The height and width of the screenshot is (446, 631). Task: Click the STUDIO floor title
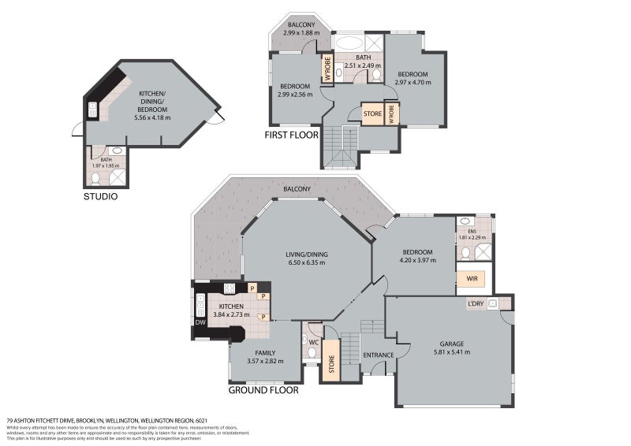click(x=101, y=196)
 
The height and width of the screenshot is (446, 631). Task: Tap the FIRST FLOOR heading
click(x=291, y=135)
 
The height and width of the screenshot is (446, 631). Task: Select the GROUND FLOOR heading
click(x=263, y=389)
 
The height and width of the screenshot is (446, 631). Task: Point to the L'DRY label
click(x=476, y=303)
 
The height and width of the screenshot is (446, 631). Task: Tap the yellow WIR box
click(x=472, y=278)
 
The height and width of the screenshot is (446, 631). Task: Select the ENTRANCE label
click(x=378, y=355)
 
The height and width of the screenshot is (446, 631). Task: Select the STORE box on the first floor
click(x=372, y=113)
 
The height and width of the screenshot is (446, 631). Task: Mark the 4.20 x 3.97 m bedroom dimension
click(x=417, y=260)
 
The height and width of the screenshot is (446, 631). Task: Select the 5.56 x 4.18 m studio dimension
click(x=152, y=117)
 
